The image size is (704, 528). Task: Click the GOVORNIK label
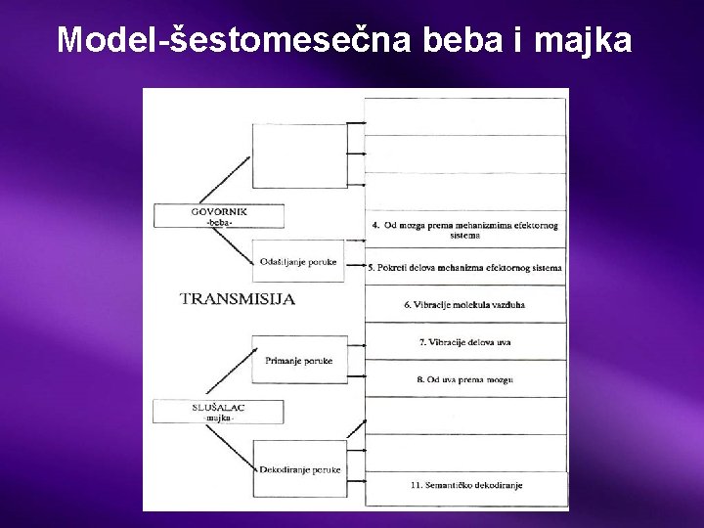tap(218, 210)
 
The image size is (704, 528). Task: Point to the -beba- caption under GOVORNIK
tap(219, 223)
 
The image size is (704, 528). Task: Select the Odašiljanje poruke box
tap(298, 261)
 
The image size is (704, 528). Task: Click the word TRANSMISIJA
tap(238, 299)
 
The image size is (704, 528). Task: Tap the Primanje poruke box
tap(298, 361)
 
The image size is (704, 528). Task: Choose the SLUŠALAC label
tap(218, 406)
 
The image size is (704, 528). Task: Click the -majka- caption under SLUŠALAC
tap(219, 418)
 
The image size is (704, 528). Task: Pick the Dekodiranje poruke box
tap(299, 469)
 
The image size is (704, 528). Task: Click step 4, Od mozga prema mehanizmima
tap(465, 230)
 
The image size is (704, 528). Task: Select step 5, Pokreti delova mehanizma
tap(465, 267)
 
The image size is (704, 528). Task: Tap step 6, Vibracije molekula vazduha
tap(465, 304)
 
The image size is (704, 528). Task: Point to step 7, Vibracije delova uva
tap(465, 341)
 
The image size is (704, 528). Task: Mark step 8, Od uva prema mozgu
tap(465, 378)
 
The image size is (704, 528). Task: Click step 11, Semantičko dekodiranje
tap(465, 485)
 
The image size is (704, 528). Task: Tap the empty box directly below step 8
tap(465, 416)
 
